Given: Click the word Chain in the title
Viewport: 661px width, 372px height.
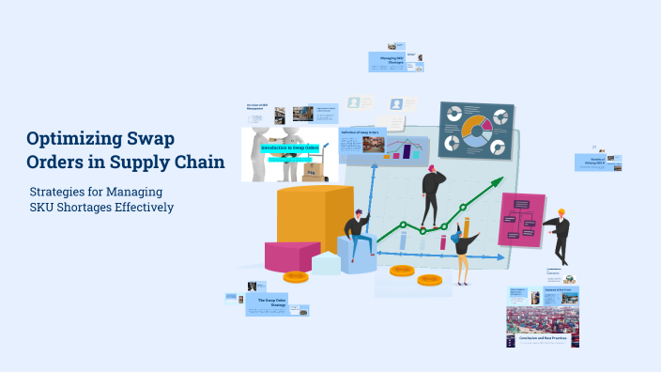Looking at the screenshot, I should tap(194, 162).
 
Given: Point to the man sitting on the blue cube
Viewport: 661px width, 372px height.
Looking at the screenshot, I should tap(357, 236).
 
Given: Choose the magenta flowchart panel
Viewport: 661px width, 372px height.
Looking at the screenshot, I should tap(522, 220).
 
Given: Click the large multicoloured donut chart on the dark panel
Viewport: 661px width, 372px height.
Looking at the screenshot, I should tap(476, 131).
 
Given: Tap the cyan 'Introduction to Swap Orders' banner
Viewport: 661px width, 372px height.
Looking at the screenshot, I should tap(290, 148).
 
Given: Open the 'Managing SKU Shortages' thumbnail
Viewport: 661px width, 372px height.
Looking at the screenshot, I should tap(393, 62).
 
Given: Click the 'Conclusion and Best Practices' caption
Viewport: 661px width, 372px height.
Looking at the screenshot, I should tap(543, 337).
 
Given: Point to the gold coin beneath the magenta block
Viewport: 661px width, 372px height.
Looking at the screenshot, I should tap(296, 277).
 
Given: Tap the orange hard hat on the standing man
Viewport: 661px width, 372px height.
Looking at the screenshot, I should tap(561, 212).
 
